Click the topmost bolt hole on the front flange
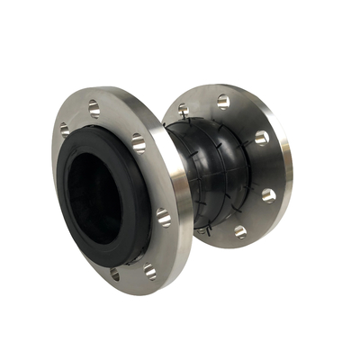tap(94, 108)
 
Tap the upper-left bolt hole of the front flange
tap(65, 130)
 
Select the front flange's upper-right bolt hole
tap(138, 142)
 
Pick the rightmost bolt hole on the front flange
tap(164, 215)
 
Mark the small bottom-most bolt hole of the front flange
tap(114, 271)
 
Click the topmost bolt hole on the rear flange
tap(223, 101)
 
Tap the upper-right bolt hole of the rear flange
tap(262, 137)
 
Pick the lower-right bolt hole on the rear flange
tap(240, 231)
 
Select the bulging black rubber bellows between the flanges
tap(211, 171)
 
